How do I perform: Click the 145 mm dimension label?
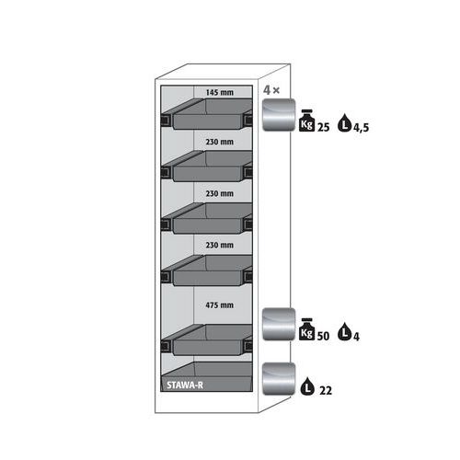click(x=220, y=92)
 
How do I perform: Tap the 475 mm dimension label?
click(x=220, y=305)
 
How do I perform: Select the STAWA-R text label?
click(x=185, y=385)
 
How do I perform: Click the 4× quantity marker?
click(x=271, y=90)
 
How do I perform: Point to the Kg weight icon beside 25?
click(x=306, y=121)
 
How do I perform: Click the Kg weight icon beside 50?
click(x=306, y=329)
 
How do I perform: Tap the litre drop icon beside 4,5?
click(x=345, y=122)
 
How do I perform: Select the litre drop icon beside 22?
click(x=308, y=386)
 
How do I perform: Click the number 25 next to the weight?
click(x=323, y=127)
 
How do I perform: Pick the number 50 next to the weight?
click(x=323, y=336)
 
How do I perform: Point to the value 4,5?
click(x=361, y=128)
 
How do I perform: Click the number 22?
click(x=326, y=391)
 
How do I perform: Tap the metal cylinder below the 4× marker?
click(x=279, y=115)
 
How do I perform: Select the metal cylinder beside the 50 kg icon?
click(x=279, y=324)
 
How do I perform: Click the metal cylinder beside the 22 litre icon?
click(x=279, y=379)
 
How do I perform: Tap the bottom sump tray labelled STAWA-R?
click(x=207, y=376)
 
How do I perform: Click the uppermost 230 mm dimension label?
click(x=220, y=142)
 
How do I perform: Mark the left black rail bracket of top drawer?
click(x=167, y=120)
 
